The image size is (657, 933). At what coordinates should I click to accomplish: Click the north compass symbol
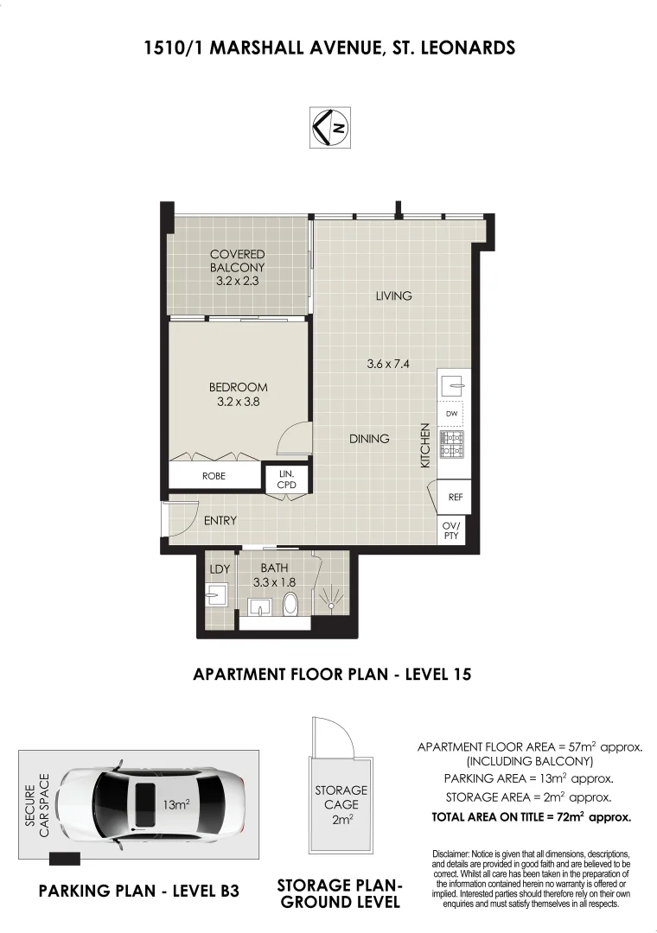point(330,127)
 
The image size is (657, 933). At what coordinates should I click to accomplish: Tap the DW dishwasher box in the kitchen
point(451,414)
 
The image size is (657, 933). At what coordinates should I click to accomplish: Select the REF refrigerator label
point(455,497)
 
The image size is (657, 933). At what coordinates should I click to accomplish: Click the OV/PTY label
point(451,530)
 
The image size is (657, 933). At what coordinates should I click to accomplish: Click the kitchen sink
point(453,386)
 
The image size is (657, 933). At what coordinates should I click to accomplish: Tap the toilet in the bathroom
point(290,603)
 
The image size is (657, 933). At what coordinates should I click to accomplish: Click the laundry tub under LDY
point(214,593)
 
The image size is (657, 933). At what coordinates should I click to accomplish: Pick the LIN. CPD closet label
point(286,479)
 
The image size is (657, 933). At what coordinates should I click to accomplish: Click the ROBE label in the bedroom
point(214,476)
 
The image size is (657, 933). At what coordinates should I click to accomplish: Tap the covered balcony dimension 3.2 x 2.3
point(237,281)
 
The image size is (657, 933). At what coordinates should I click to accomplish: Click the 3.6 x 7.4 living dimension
point(388,365)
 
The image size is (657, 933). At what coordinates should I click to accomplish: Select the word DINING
point(369,439)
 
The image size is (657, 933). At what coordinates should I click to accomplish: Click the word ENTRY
point(220,521)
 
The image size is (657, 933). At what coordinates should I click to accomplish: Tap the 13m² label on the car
point(176,804)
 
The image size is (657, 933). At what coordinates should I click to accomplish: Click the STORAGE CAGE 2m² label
point(341,804)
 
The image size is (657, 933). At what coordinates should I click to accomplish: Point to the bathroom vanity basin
point(259,607)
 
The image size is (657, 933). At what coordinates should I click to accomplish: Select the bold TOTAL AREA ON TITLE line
point(532,817)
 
